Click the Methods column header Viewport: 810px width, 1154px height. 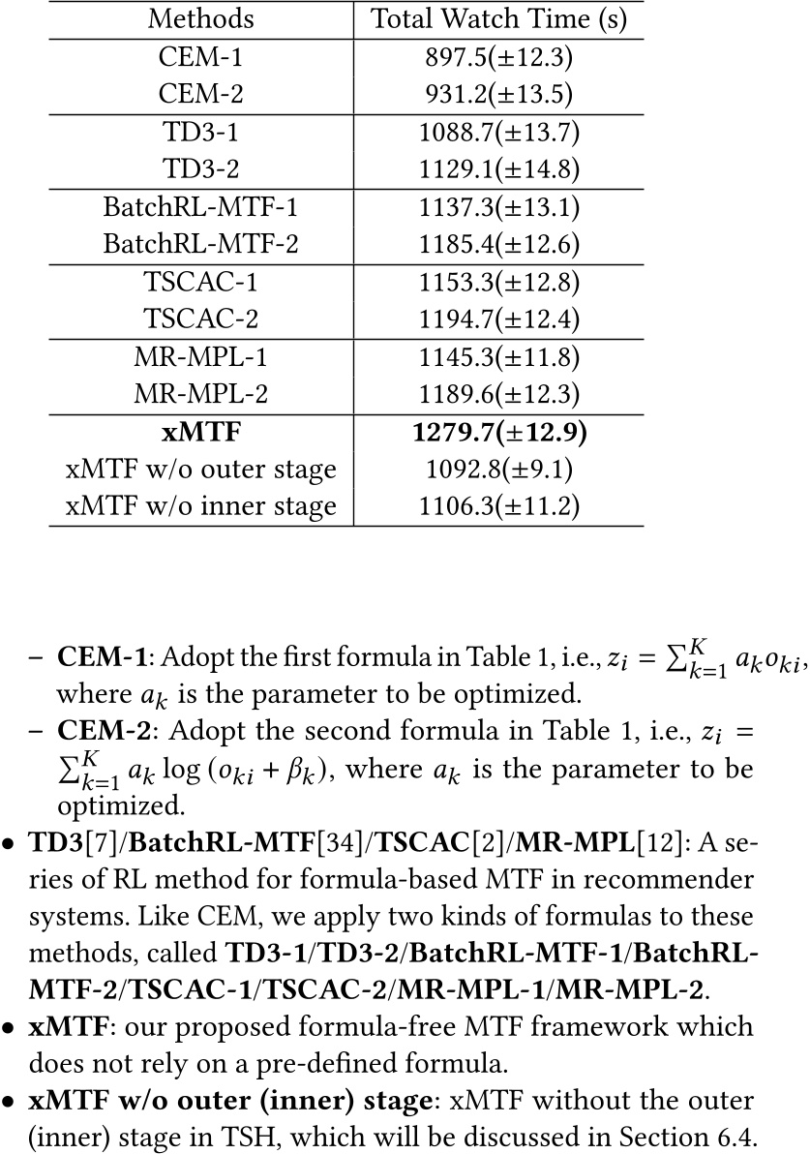tap(201, 19)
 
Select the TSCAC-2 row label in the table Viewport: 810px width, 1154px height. tap(201, 317)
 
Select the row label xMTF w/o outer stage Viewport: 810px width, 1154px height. tap(201, 469)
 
